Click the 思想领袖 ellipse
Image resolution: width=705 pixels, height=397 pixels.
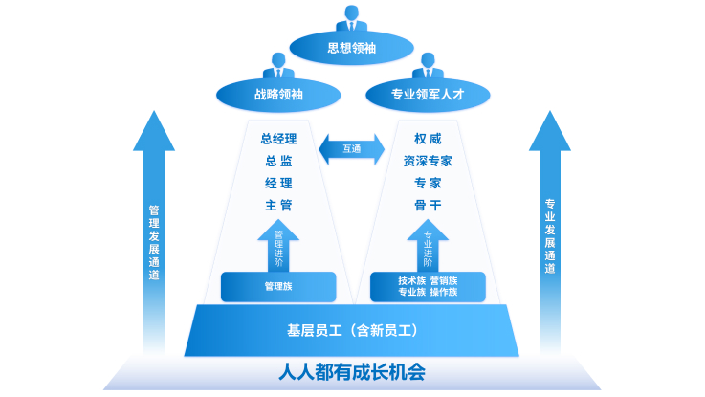pos(352,48)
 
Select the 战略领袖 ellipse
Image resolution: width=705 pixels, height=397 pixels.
pos(278,95)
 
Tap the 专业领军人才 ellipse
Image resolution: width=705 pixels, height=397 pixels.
pos(428,95)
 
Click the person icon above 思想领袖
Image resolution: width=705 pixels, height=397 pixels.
pos(352,18)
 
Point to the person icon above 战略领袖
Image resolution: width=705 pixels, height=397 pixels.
pos(278,66)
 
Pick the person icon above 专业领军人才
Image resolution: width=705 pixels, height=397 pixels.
pos(428,66)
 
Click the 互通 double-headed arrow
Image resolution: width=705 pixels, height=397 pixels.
pos(352,149)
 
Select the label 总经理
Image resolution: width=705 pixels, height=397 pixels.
pos(278,139)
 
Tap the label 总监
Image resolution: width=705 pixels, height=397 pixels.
pos(278,161)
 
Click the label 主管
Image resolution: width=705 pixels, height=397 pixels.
pos(278,206)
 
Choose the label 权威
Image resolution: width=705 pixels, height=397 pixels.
pos(428,139)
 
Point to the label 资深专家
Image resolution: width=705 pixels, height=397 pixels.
pos(428,161)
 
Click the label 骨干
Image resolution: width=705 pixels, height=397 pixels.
pos(428,206)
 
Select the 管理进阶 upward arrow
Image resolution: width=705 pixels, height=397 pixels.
pos(278,246)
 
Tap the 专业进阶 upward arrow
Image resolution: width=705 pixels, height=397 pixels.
pos(428,246)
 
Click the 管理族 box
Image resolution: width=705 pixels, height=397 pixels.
pos(278,286)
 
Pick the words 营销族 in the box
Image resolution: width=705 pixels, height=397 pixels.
pos(444,281)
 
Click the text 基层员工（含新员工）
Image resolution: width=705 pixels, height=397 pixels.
pos(352,330)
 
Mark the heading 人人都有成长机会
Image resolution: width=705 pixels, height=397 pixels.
pos(352,372)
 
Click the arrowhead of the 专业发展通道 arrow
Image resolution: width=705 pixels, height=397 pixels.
pos(550,131)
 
